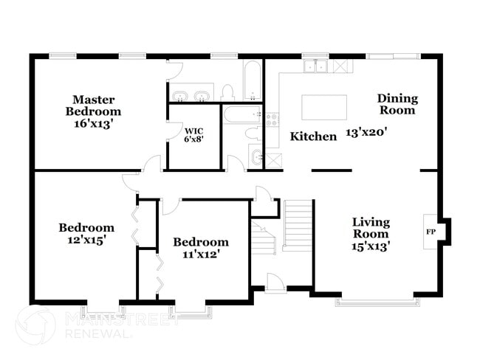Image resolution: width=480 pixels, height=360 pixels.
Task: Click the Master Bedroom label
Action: pos(93,105)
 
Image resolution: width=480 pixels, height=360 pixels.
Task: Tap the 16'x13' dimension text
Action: pos(92,124)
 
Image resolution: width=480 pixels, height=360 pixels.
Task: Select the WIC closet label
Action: pos(193,131)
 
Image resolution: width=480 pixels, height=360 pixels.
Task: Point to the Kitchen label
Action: pos(313,136)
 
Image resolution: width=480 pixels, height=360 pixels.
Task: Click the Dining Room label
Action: pos(397,104)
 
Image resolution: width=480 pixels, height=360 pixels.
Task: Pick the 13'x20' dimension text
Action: pos(367,133)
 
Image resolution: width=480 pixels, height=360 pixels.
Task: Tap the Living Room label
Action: pos(371,228)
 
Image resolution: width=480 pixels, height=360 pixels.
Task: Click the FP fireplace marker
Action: pos(431,232)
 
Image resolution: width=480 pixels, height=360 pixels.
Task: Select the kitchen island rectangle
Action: pos(324,107)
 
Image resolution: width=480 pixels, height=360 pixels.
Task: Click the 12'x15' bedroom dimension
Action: pos(87,240)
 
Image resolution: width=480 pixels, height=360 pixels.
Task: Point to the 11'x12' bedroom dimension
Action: pos(202,254)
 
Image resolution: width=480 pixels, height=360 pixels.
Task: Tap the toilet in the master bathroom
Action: pos(227,92)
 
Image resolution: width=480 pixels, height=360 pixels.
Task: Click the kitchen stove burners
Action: pos(272,120)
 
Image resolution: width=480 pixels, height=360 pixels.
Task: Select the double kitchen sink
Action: pos(315,66)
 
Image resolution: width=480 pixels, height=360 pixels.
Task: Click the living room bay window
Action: pos(378,301)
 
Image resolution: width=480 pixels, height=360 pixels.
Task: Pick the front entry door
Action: pos(276,283)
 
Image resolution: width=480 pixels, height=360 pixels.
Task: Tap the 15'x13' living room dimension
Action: pos(371,246)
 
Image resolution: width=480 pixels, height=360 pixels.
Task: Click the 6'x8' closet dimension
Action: pos(193,139)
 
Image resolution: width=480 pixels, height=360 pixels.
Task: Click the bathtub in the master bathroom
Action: pos(253,80)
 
